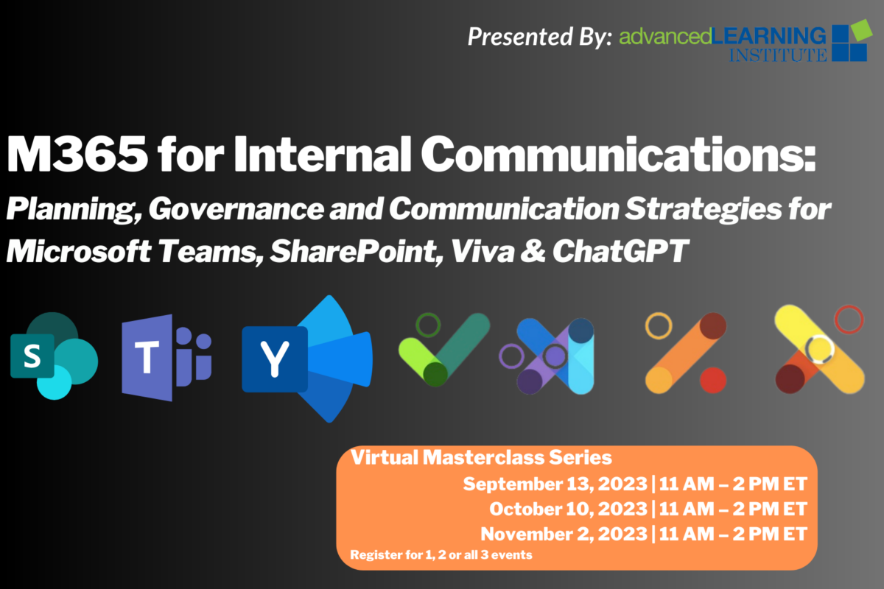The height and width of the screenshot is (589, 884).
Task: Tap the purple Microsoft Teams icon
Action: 166,358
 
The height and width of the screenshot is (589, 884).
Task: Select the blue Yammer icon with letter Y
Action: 307,359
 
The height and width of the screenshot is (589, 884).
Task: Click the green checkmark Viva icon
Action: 444,349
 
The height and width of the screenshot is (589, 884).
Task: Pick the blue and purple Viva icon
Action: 547,356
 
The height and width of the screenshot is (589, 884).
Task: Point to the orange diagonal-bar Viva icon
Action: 686,353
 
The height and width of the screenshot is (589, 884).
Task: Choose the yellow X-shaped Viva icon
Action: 820,349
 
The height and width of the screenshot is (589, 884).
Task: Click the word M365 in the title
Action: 77,154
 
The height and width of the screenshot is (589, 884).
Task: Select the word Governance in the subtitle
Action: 236,209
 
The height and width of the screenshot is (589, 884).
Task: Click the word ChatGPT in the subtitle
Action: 620,251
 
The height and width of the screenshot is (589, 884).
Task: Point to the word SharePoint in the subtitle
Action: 357,252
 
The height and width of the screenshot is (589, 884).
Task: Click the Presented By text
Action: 539,37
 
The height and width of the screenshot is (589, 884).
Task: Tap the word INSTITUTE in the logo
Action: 777,54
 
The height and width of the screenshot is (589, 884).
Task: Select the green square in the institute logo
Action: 860,30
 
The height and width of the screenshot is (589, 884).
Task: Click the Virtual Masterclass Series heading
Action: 481,458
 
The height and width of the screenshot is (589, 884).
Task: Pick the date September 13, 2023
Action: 555,484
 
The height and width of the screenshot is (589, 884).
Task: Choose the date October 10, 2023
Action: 569,509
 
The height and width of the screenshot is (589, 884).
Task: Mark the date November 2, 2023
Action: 564,535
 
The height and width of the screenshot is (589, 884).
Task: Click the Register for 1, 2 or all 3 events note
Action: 441,555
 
